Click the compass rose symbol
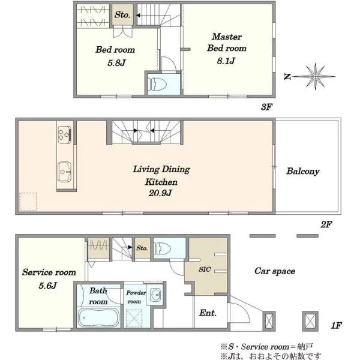(x=315, y=76)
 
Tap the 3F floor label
(x=266, y=107)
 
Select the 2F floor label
(x=326, y=224)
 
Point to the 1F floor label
(x=337, y=325)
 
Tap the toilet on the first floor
(x=162, y=248)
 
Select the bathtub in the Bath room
(x=99, y=318)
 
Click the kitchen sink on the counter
(x=64, y=172)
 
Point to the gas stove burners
(x=65, y=134)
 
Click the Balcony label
(x=303, y=171)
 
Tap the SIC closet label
(x=205, y=269)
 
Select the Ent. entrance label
(x=208, y=313)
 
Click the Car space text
(x=275, y=271)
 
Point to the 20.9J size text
(x=160, y=193)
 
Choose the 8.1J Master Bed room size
(x=226, y=61)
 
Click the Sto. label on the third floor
(x=122, y=15)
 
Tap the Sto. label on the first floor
(x=142, y=248)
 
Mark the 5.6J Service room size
(x=47, y=286)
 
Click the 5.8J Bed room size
(x=116, y=62)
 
